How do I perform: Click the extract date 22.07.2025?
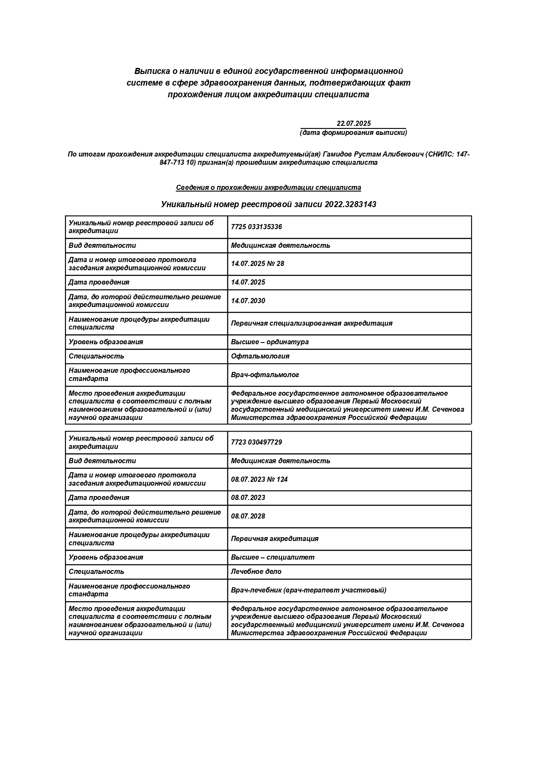[353, 124]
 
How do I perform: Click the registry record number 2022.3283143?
[350, 205]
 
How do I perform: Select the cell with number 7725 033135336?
[256, 227]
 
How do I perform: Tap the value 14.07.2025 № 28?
[258, 264]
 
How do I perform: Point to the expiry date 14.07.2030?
[248, 301]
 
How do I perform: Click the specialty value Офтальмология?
[260, 356]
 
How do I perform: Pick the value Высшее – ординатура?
[270, 342]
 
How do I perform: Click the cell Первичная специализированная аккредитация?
[312, 323]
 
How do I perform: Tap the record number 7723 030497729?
[256, 442]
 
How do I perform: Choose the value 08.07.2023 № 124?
[259, 479]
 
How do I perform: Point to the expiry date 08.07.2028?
[248, 516]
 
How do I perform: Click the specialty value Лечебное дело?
[256, 572]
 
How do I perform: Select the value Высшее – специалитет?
[273, 557]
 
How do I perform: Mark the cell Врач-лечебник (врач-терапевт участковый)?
[309, 590]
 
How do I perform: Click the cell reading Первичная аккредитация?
[275, 539]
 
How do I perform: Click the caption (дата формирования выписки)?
[353, 133]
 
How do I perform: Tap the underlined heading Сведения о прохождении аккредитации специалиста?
[268, 188]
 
